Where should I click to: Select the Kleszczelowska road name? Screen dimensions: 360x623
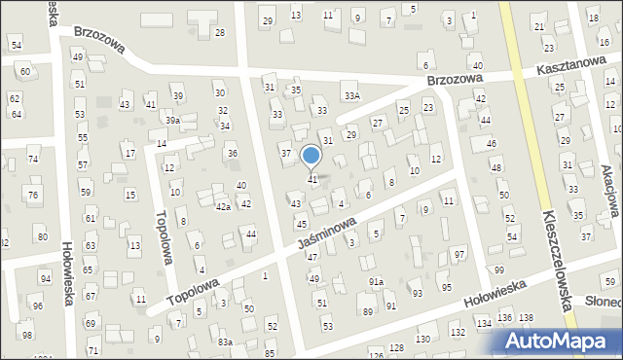click(557, 261)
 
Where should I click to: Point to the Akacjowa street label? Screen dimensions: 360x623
click(607, 190)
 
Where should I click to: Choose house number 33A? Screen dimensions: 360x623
click(351, 96)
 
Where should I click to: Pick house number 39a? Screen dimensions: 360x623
click(171, 121)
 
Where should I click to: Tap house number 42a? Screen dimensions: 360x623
click(223, 207)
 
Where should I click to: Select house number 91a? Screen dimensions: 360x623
click(376, 281)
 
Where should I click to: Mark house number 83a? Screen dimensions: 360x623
click(225, 342)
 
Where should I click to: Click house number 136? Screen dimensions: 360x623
click(504, 318)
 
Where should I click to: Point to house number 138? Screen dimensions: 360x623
click(526, 318)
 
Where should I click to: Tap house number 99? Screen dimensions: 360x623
click(498, 270)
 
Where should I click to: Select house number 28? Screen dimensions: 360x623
click(219, 33)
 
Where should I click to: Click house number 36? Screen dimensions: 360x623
click(232, 154)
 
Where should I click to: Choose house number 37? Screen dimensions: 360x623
click(285, 154)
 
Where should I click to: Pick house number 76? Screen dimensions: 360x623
click(33, 196)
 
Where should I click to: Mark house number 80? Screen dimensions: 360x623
click(42, 237)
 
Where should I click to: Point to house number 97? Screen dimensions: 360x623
click(459, 254)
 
